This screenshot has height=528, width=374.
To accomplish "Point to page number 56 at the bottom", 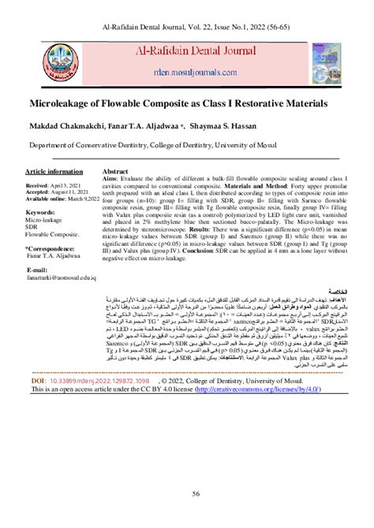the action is point(187,493).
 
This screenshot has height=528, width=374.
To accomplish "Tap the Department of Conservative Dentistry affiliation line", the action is point(158,145).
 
